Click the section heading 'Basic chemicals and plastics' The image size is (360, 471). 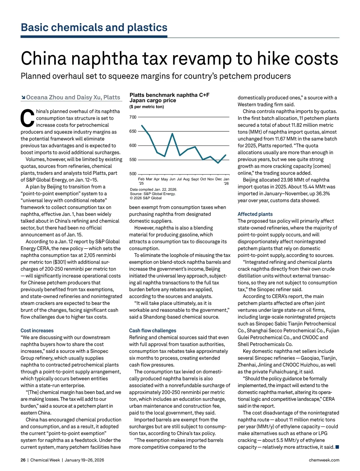tap(94, 28)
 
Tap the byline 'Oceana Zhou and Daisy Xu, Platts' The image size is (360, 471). tap(73, 97)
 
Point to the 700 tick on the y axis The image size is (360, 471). tap(133, 117)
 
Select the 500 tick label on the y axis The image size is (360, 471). tap(133, 174)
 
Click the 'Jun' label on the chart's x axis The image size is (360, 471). tap(172, 179)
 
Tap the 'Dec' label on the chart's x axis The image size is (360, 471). tap(219, 179)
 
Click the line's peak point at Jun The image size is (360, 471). tap(172, 133)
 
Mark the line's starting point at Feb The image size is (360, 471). tap(142, 125)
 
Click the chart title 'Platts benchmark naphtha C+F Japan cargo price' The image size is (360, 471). tap(169, 98)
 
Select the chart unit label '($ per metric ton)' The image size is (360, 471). tap(147, 107)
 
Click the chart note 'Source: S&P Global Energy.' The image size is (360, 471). tap(153, 194)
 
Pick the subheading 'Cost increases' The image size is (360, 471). tap(37, 330)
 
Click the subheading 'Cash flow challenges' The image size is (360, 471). tap(153, 330)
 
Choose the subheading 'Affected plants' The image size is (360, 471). tap(255, 214)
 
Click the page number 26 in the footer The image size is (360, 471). tap(23, 460)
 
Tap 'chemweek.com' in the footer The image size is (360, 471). tap(324, 460)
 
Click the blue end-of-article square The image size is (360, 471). tap(337, 447)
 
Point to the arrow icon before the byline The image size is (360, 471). tap(23, 97)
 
